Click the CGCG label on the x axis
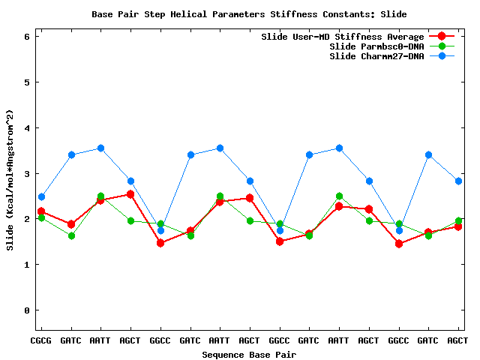coord(41,340)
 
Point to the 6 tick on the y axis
coord(27,36)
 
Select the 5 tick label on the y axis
coord(27,82)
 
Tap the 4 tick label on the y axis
coord(27,127)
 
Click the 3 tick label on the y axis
coord(27,173)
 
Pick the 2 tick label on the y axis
coord(27,219)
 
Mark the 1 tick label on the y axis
coord(27,265)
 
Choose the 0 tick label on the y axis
coord(27,310)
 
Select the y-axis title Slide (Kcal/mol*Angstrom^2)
coord(10,180)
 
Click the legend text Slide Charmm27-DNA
coord(376,56)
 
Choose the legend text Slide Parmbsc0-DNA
coord(376,46)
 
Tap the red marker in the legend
coord(442,36)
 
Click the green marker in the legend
coord(442,46)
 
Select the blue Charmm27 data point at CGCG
coord(41,197)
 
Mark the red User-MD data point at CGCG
coord(41,211)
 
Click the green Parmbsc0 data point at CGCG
coord(41,218)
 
